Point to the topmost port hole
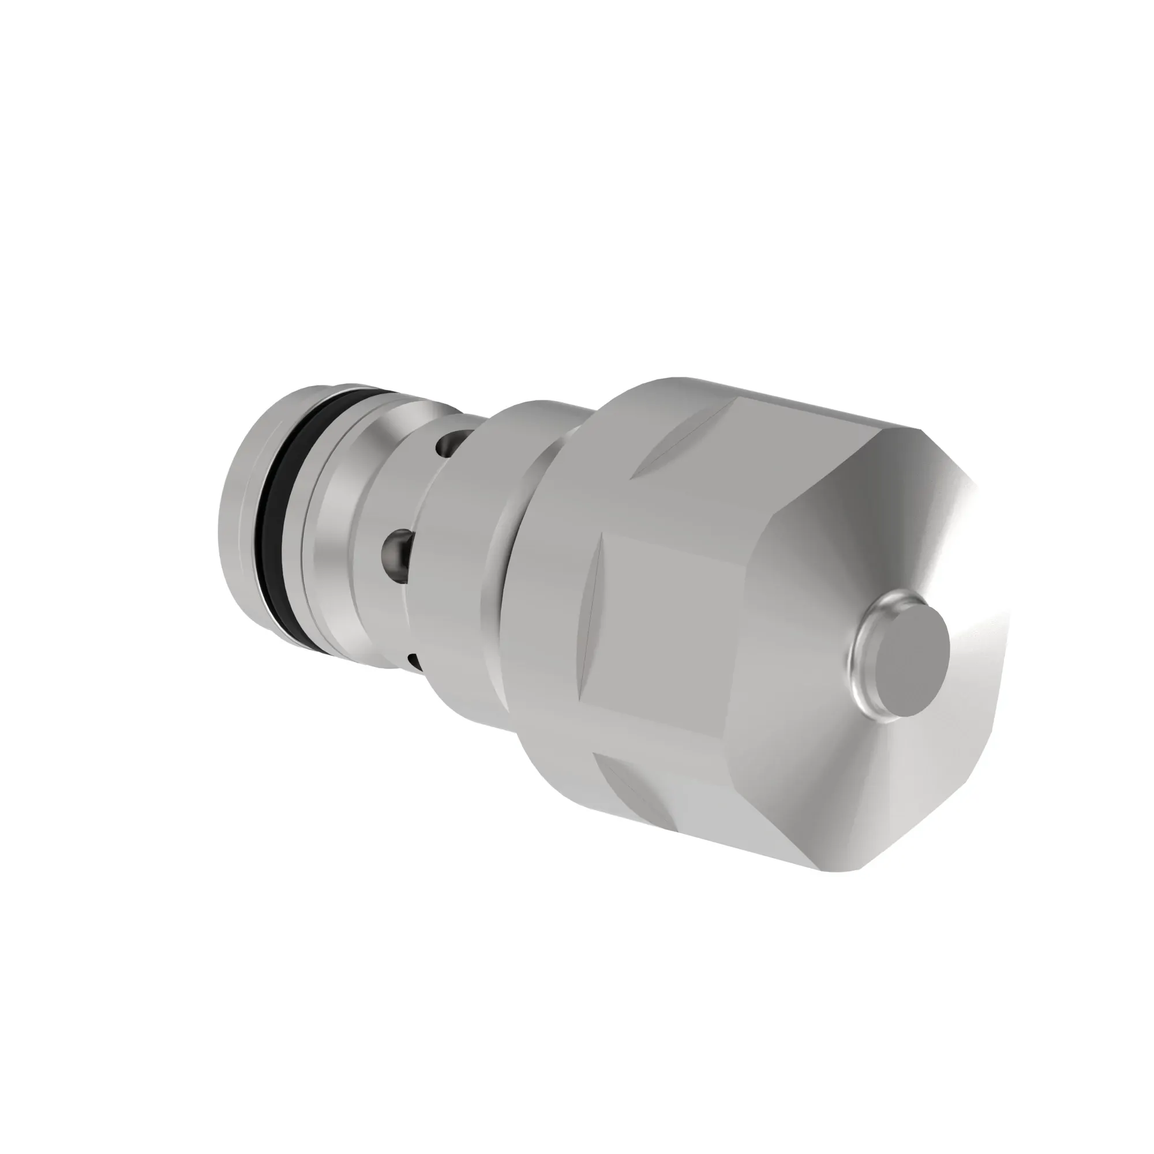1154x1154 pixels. [x=448, y=444]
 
